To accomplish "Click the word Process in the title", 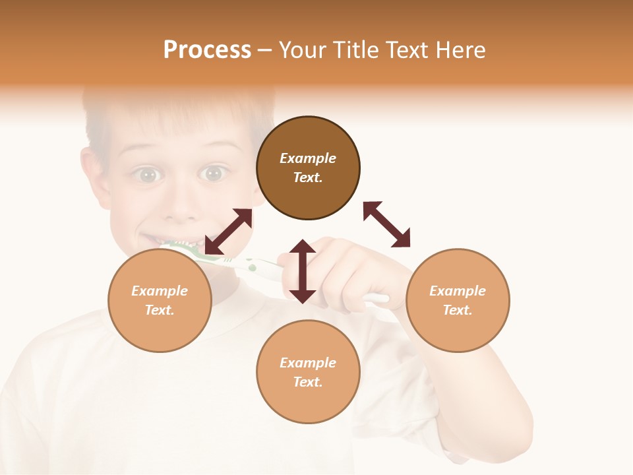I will click(x=207, y=50).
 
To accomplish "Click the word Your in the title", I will click(x=301, y=50).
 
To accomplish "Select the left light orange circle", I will click(x=160, y=330).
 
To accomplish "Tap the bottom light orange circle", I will click(x=308, y=402).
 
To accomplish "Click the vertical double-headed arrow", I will click(x=303, y=271).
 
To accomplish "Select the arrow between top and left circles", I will click(x=228, y=232).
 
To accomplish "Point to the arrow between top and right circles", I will click(x=387, y=224).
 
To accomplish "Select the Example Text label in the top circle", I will click(x=308, y=168).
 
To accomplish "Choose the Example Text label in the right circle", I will click(x=458, y=300).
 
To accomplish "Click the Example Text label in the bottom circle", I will click(x=308, y=372).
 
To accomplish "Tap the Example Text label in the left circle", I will click(x=160, y=300).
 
